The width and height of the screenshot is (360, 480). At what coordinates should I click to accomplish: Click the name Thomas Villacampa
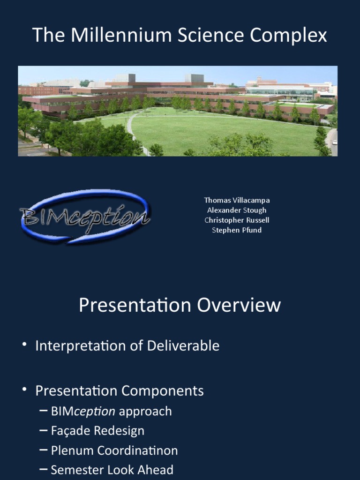click(237, 200)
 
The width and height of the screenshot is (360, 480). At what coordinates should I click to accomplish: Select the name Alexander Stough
click(237, 210)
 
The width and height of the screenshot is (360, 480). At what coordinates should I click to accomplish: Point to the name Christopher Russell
click(237, 220)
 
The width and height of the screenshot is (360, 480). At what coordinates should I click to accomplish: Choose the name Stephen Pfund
click(237, 230)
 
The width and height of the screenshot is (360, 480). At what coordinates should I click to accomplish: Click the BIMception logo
click(85, 216)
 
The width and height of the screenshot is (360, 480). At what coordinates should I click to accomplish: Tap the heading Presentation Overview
click(180, 305)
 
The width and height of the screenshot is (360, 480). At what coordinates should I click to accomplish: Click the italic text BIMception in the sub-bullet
click(83, 412)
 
